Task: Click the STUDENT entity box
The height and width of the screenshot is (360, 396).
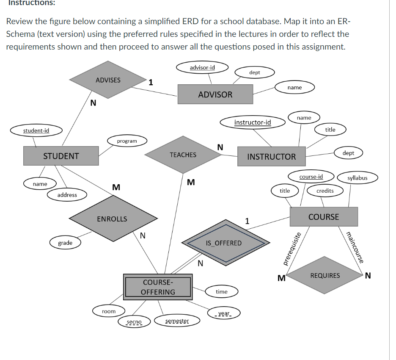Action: click(x=61, y=156)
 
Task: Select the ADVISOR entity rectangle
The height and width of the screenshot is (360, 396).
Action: click(x=215, y=94)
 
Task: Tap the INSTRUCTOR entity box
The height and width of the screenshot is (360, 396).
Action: click(x=271, y=156)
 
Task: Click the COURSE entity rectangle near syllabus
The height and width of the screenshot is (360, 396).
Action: click(x=324, y=217)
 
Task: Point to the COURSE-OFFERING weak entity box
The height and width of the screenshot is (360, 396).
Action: click(x=158, y=287)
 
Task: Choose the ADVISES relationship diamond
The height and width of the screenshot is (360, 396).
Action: click(x=108, y=80)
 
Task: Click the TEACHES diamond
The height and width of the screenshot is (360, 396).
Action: click(x=183, y=155)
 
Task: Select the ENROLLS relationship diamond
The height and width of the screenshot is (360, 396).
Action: click(x=112, y=219)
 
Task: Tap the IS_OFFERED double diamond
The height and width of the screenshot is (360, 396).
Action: click(x=224, y=243)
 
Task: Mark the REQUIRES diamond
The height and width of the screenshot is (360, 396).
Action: click(x=325, y=275)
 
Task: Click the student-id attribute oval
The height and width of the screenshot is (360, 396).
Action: click(x=36, y=130)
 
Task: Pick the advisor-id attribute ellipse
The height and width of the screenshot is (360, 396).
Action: click(x=202, y=68)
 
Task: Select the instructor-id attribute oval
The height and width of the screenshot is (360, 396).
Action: click(x=253, y=122)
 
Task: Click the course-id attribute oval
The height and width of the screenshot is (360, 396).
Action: click(x=311, y=177)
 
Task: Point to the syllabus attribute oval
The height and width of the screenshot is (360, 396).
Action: click(x=357, y=178)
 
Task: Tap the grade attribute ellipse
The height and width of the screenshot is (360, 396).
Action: click(x=65, y=243)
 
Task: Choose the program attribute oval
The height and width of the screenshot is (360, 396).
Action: click(x=127, y=141)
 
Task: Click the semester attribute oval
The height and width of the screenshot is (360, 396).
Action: click(x=177, y=321)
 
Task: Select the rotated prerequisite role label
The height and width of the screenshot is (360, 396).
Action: click(x=292, y=249)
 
